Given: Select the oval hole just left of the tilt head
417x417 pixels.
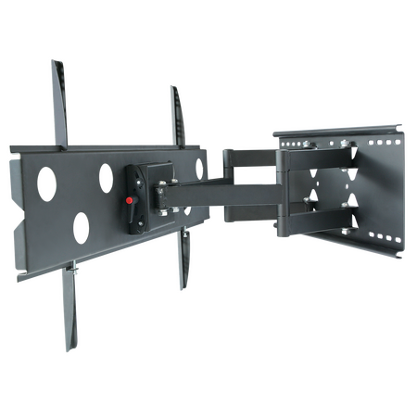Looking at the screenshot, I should pyautogui.click(x=107, y=173).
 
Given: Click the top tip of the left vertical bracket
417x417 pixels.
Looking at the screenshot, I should pyautogui.click(x=53, y=63).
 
